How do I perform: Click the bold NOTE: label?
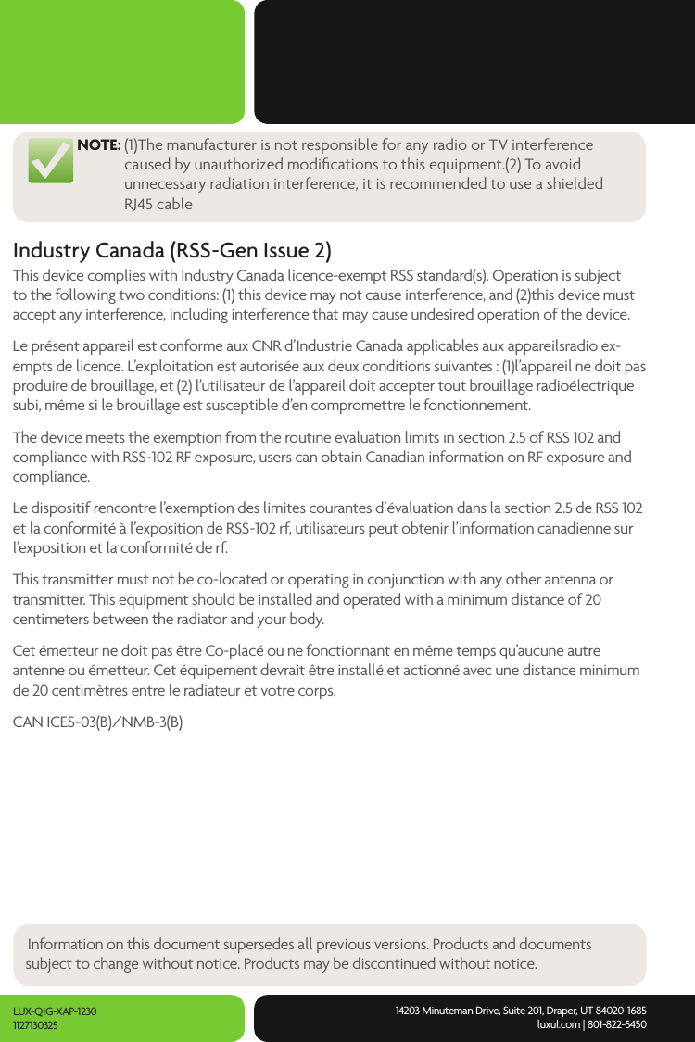point(98,145)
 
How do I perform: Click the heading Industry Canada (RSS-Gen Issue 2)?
point(171,251)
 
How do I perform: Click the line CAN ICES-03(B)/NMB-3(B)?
point(97,722)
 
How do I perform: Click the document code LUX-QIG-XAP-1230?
point(55,1011)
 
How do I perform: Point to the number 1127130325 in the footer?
point(35,1025)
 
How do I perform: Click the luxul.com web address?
point(558,1024)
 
